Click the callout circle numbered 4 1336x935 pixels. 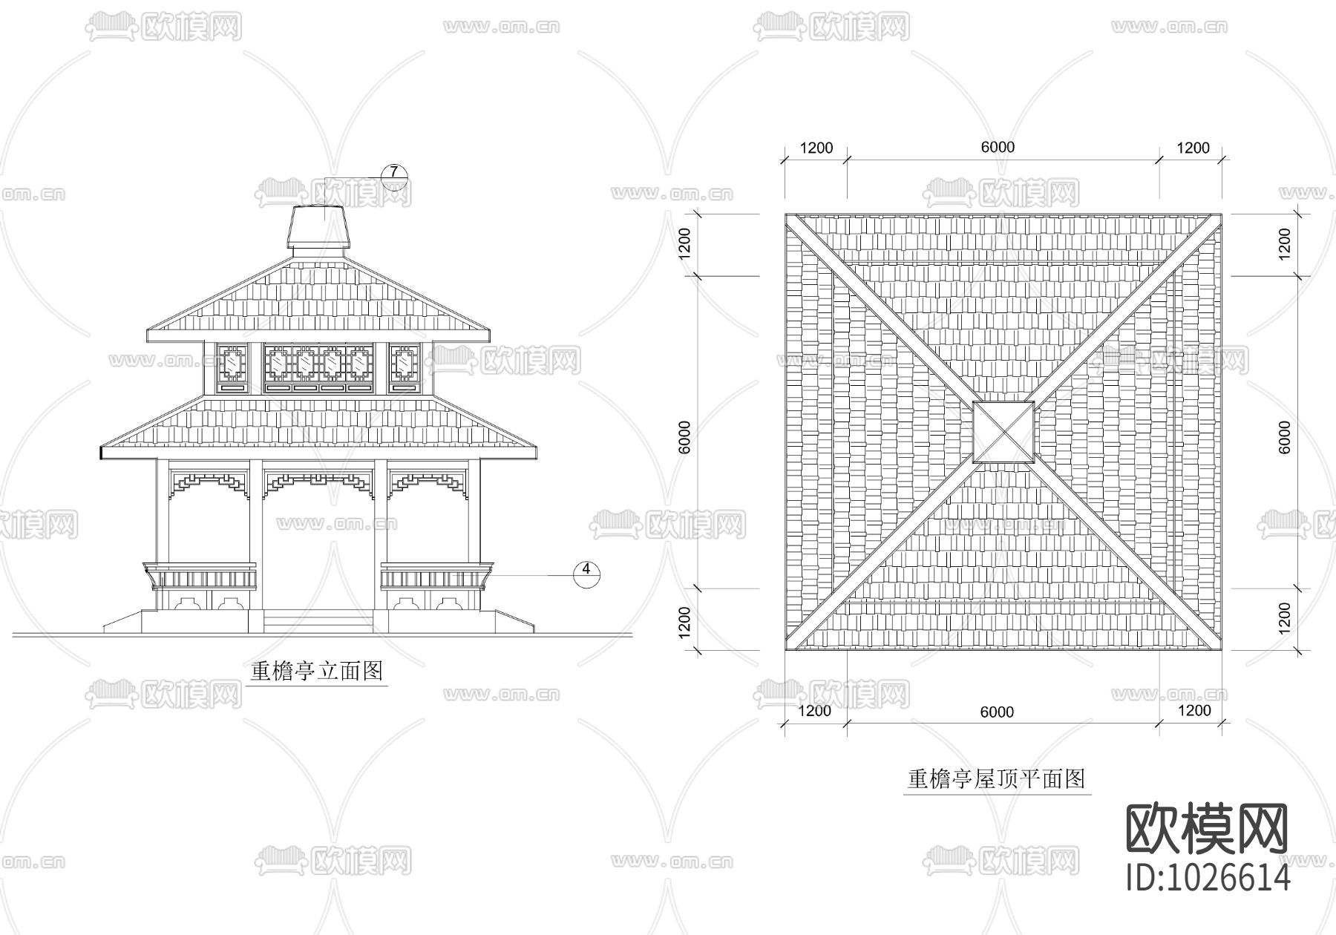point(586,570)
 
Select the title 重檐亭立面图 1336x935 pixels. point(317,671)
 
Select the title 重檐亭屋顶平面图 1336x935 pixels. point(997,778)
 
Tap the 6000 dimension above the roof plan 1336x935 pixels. point(998,147)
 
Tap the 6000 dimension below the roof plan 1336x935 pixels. point(997,712)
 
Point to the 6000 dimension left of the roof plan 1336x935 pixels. point(684,437)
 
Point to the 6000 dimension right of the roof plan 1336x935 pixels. point(1285,437)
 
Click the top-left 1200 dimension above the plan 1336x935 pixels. point(816,148)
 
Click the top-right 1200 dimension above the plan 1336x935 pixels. point(1193,148)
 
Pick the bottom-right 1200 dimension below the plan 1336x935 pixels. point(1194,710)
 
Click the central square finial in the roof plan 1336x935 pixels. point(1003,432)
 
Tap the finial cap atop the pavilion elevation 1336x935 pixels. point(320,226)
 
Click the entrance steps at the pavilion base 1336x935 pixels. point(318,620)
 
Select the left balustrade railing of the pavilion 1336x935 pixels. point(200,577)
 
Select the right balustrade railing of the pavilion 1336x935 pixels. point(437,577)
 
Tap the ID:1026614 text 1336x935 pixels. point(1208,878)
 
